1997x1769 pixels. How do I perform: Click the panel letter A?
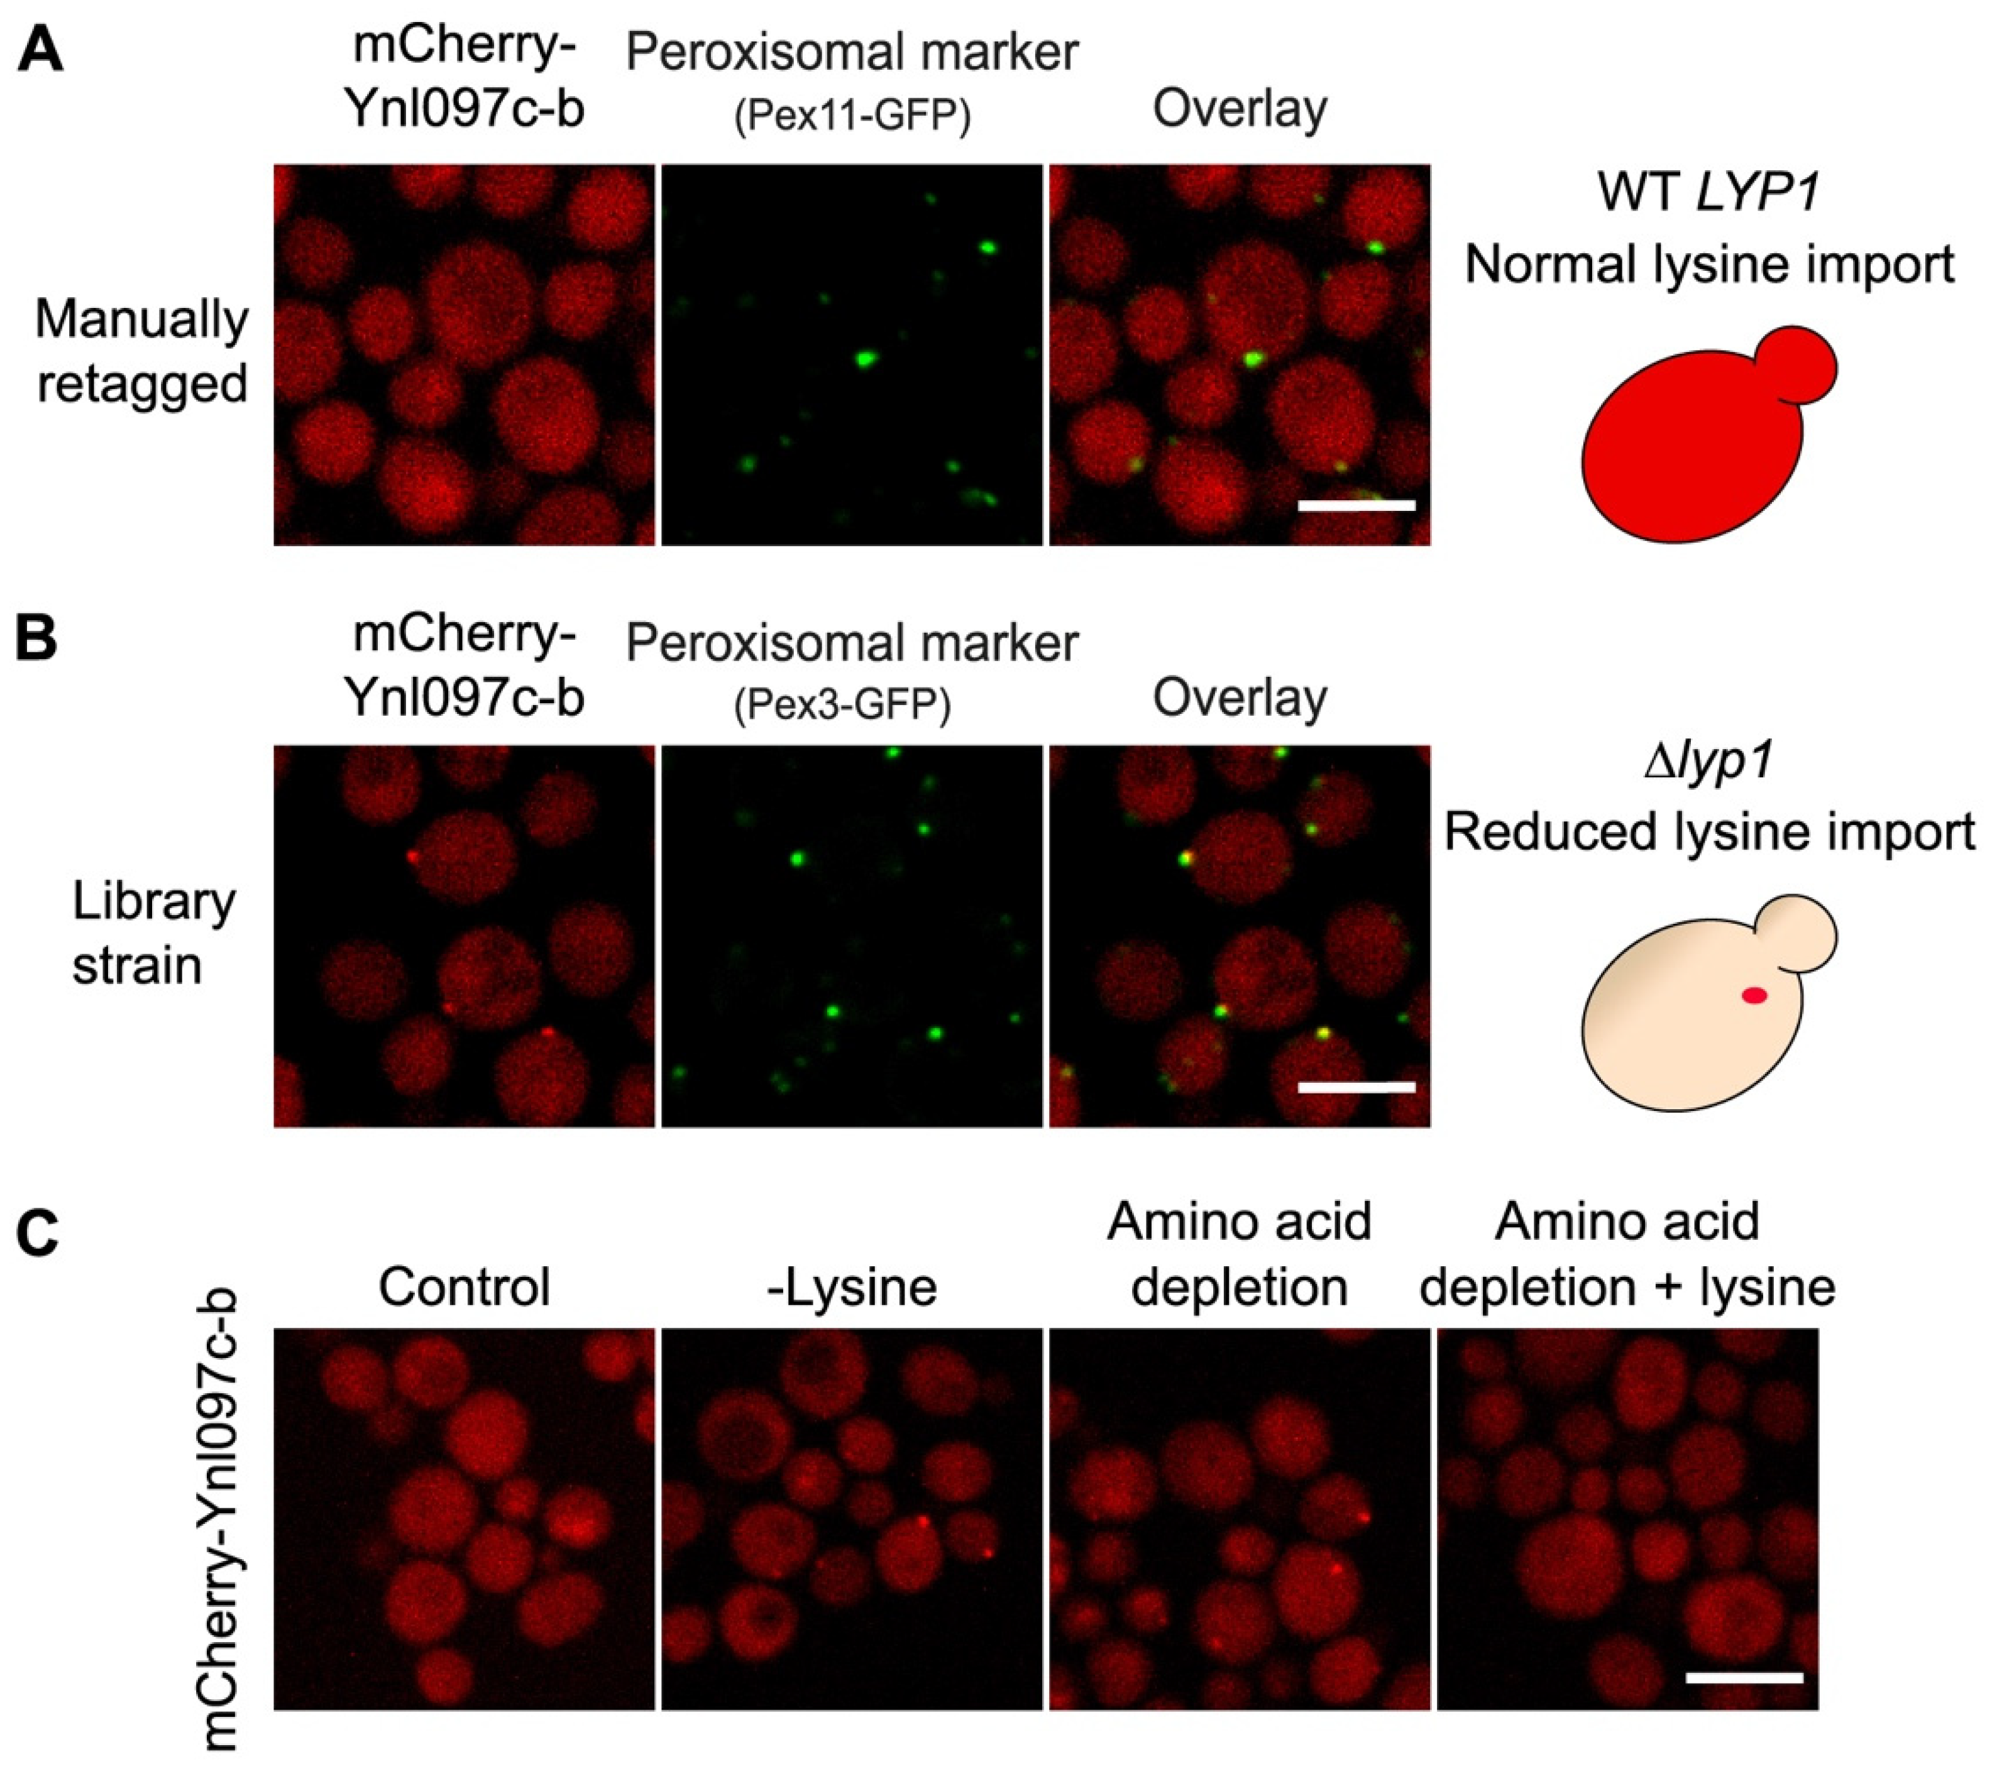(x=40, y=51)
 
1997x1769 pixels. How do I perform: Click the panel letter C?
(x=39, y=1233)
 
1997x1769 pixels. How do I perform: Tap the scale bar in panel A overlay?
(x=1356, y=505)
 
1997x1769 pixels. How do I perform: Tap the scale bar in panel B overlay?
(x=1356, y=1086)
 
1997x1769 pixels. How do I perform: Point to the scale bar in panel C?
(x=1744, y=1678)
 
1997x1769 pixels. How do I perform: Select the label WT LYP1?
(x=1708, y=192)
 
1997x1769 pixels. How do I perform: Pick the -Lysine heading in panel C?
(x=852, y=1286)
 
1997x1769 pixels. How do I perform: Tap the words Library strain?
(x=153, y=933)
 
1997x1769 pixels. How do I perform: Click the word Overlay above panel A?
(x=1240, y=109)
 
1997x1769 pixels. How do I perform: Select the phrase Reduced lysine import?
(x=1708, y=832)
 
